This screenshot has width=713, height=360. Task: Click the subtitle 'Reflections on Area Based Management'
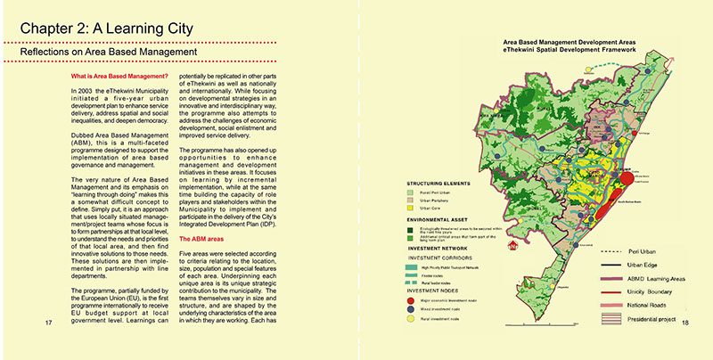pyautogui.click(x=108, y=53)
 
